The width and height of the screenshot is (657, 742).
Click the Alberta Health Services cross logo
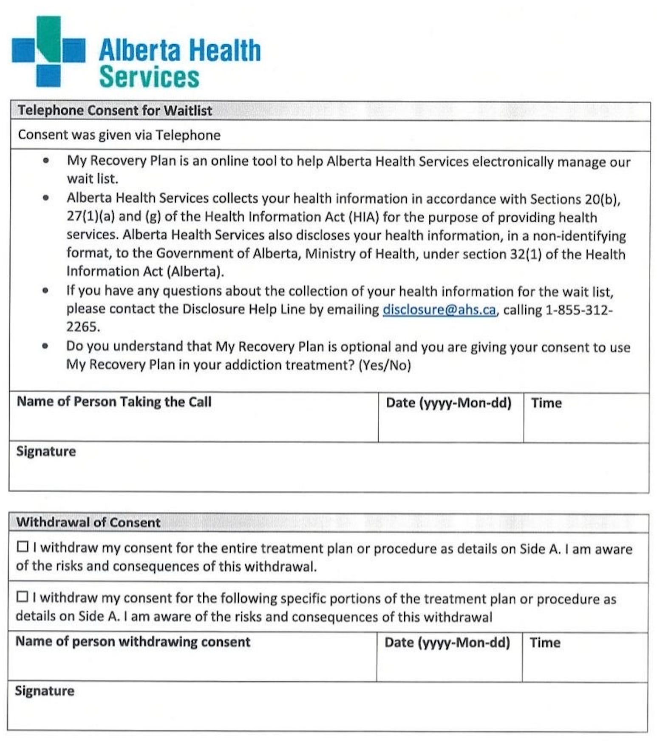pos(48,51)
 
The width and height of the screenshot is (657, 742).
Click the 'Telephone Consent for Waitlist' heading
pos(115,110)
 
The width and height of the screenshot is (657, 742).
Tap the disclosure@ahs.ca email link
pos(439,310)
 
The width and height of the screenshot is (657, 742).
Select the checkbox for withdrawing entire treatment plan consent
pos(23,547)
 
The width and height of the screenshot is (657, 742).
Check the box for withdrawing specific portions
pos(22,597)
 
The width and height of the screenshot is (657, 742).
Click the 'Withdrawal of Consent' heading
pos(88,522)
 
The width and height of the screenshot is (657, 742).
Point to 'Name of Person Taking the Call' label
pos(114,402)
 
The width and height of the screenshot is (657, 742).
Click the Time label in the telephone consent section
pos(546,403)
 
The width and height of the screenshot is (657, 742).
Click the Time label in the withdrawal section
pos(545,643)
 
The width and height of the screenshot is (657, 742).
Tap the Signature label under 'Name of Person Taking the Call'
pos(46,451)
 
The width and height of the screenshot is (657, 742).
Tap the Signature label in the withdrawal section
pos(45,691)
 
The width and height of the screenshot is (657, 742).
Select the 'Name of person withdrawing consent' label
pos(133,642)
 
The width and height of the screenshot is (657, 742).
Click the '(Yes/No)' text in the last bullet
pos(385,365)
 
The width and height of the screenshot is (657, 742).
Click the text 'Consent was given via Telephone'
pos(119,135)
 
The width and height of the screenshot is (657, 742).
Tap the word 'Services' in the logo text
pos(149,77)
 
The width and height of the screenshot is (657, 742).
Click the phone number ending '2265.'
pos(83,327)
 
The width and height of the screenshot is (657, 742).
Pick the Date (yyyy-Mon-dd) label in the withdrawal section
pos(447,643)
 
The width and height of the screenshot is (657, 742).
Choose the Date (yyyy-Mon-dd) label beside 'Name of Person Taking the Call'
pos(448,403)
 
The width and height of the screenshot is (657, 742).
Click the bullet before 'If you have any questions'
pos(45,291)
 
